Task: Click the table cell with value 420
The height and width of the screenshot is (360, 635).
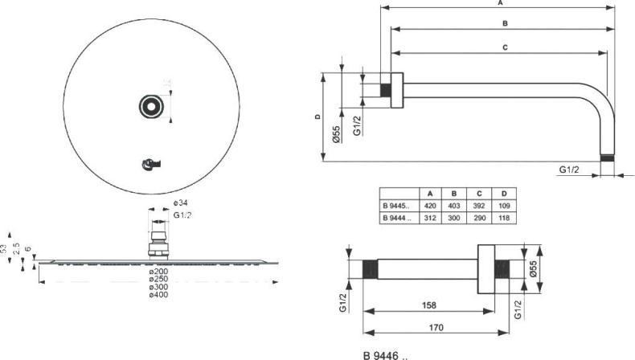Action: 430,207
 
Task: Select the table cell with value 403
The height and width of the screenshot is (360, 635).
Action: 454,207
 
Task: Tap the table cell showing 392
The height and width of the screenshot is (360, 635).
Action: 479,207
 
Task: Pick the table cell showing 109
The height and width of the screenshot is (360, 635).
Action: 503,207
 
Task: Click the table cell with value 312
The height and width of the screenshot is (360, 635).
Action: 430,218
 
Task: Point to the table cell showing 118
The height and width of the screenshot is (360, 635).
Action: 503,218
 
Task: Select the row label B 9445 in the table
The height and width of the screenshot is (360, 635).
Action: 398,207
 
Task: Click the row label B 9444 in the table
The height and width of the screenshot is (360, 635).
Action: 398,218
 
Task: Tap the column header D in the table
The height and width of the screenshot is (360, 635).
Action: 503,194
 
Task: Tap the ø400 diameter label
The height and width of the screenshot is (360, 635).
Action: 158,295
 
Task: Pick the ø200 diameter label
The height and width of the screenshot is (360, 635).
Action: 158,271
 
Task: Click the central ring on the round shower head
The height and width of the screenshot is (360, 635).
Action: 150,104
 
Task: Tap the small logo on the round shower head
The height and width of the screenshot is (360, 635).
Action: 150,164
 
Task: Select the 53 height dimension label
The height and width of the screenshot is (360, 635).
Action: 5,251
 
